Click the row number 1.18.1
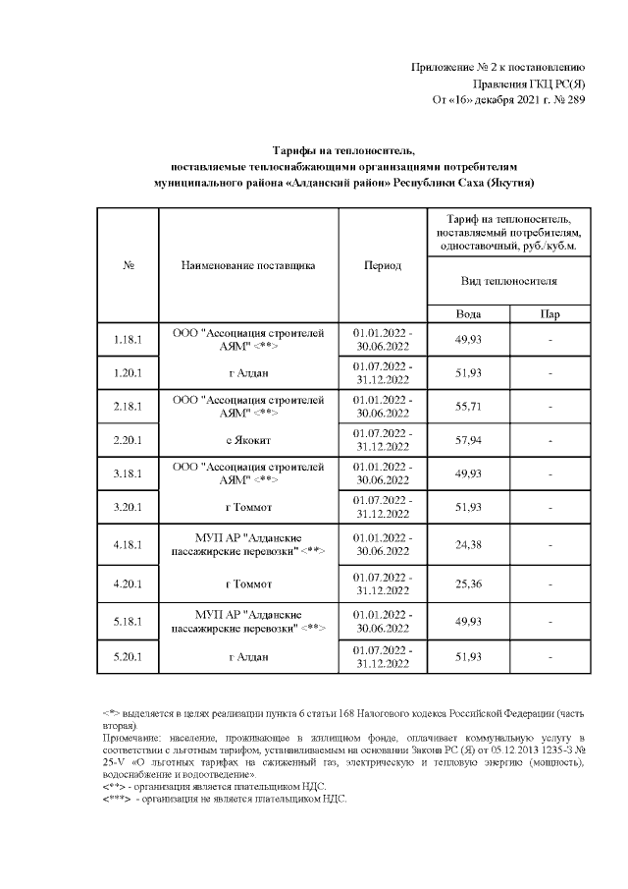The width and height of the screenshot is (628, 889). (129, 340)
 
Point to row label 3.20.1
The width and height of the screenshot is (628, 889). (129, 507)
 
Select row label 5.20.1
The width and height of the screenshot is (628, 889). (129, 655)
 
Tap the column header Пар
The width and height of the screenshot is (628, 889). (550, 314)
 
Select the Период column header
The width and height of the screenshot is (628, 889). (382, 265)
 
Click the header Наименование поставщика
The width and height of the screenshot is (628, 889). (248, 265)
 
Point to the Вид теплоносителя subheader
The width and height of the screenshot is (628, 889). (508, 281)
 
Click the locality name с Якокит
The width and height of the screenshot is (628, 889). (248, 440)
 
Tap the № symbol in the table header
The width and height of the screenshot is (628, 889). (129, 265)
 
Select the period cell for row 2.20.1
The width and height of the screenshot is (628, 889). (382, 440)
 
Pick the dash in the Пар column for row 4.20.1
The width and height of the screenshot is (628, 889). (550, 583)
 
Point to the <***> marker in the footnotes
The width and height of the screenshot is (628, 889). (117, 799)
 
